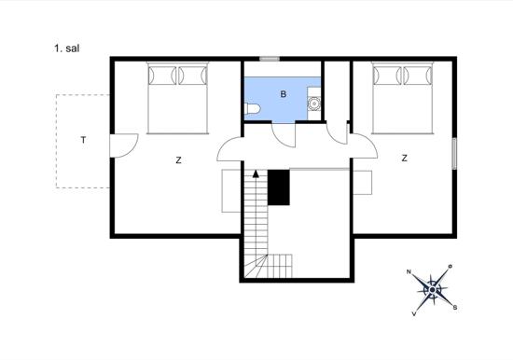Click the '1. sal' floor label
click(x=67, y=48)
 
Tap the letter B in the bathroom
click(x=284, y=94)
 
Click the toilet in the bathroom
click(x=252, y=108)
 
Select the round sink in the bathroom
click(x=314, y=104)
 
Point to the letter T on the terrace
click(x=83, y=140)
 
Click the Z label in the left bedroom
click(x=178, y=160)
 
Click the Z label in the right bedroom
click(x=405, y=159)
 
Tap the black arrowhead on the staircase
click(x=256, y=173)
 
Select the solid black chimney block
click(x=279, y=187)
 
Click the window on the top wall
click(x=270, y=59)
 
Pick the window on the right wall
click(x=454, y=154)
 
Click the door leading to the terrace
click(x=123, y=145)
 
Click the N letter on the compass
click(x=409, y=271)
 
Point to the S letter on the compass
click(x=455, y=308)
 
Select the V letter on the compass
click(x=414, y=314)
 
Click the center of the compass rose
click(x=432, y=290)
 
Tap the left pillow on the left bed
click(x=162, y=76)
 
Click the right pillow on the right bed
click(x=418, y=76)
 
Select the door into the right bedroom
click(x=363, y=145)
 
